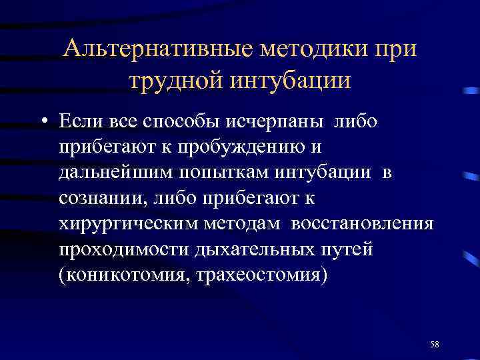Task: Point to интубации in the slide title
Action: [291, 81]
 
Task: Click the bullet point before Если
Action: [43, 123]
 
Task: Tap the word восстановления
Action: [362, 224]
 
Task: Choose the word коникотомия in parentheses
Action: [124, 275]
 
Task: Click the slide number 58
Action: [435, 343]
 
